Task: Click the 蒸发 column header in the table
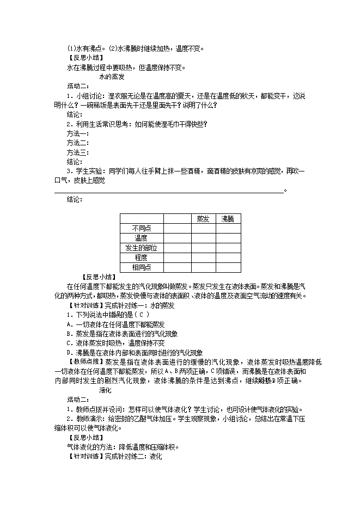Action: pyautogui.click(x=203, y=219)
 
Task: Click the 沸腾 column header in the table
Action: pyautogui.click(x=227, y=219)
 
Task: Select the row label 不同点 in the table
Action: pyautogui.click(x=141, y=229)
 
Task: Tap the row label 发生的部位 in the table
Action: pyautogui.click(x=141, y=248)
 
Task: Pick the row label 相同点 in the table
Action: pyautogui.click(x=141, y=267)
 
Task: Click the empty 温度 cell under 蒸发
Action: pyautogui.click(x=203, y=238)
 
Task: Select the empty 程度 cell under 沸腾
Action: pyautogui.click(x=227, y=257)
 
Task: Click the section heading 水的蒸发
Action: pyautogui.click(x=112, y=77)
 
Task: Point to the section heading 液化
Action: pyautogui.click(x=105, y=390)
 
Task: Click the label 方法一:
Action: pyautogui.click(x=78, y=133)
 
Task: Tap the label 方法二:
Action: pyautogui.click(x=78, y=143)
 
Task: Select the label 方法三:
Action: pyautogui.click(x=78, y=152)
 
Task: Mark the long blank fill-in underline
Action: pyautogui.click(x=169, y=191)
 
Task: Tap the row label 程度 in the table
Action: pyautogui.click(x=141, y=257)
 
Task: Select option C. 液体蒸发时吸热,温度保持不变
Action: pyautogui.click(x=115, y=344)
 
